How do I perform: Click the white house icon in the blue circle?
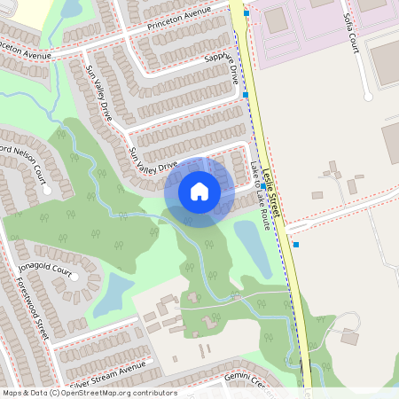[199, 192]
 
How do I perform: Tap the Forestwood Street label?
[28, 306]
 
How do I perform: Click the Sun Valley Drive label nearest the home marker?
[153, 157]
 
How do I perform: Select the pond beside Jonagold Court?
[113, 294]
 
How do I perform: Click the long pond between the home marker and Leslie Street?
[252, 249]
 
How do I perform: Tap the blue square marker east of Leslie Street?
[296, 245]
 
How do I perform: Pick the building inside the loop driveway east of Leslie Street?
[349, 338]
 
